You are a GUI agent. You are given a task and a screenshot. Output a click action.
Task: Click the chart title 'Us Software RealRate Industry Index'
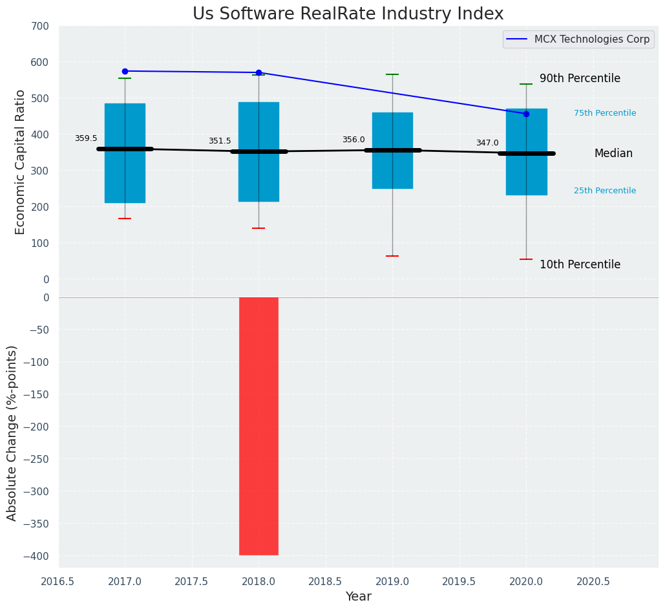(x=348, y=14)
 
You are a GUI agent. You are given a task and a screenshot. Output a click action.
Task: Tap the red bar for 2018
(x=259, y=425)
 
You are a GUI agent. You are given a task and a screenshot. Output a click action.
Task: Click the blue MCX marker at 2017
(x=125, y=71)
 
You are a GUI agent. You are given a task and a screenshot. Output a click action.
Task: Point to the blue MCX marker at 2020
(x=526, y=114)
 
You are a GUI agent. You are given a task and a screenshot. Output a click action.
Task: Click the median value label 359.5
(x=86, y=138)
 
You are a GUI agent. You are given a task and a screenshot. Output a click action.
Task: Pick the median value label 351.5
(x=220, y=141)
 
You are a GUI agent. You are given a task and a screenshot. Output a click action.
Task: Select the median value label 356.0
(x=354, y=140)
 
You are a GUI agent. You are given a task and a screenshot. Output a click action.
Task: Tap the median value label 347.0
(x=487, y=143)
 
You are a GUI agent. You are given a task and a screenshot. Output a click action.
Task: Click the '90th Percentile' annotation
(x=580, y=79)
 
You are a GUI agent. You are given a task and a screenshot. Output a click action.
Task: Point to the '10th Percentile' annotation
(x=580, y=265)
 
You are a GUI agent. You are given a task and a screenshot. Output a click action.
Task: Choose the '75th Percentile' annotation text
(x=605, y=113)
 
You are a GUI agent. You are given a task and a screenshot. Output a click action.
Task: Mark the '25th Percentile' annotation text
(x=605, y=191)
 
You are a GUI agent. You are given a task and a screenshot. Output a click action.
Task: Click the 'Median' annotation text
(x=613, y=154)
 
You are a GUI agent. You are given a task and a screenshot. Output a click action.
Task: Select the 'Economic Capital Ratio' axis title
(x=21, y=162)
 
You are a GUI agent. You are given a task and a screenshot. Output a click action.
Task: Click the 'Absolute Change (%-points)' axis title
(x=12, y=433)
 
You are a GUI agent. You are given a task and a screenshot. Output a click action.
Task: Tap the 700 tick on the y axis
(x=39, y=27)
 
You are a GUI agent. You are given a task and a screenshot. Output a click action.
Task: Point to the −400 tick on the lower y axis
(x=36, y=556)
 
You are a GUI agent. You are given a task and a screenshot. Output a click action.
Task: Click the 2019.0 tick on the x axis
(x=392, y=581)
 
